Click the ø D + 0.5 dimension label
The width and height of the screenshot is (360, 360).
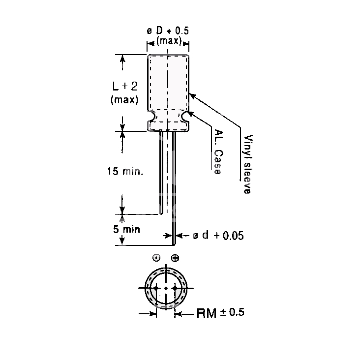coord(168,31)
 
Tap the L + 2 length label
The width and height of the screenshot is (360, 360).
coord(125,86)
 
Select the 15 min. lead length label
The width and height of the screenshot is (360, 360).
coord(125,171)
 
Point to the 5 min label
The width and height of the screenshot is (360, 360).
coord(126,229)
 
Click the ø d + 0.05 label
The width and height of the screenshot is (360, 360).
coord(218,236)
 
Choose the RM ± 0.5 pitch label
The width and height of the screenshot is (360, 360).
coord(220,313)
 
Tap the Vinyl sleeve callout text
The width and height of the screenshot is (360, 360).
coord(248,164)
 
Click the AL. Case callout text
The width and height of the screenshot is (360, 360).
coord(218,152)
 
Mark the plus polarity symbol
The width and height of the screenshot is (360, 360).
coord(175,258)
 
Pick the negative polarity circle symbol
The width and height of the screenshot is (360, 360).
coord(156,258)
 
